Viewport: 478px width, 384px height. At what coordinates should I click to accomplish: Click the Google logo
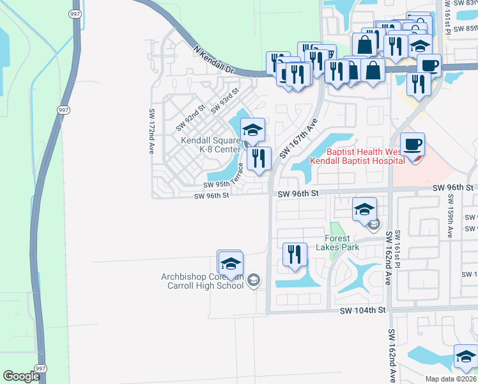click(x=21, y=376)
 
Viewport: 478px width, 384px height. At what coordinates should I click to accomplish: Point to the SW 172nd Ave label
click(x=152, y=131)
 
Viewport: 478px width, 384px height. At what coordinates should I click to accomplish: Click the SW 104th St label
click(x=363, y=309)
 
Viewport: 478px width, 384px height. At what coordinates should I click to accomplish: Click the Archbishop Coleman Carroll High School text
click(x=203, y=281)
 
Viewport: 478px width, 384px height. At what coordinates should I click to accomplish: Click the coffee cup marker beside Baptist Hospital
click(x=413, y=144)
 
